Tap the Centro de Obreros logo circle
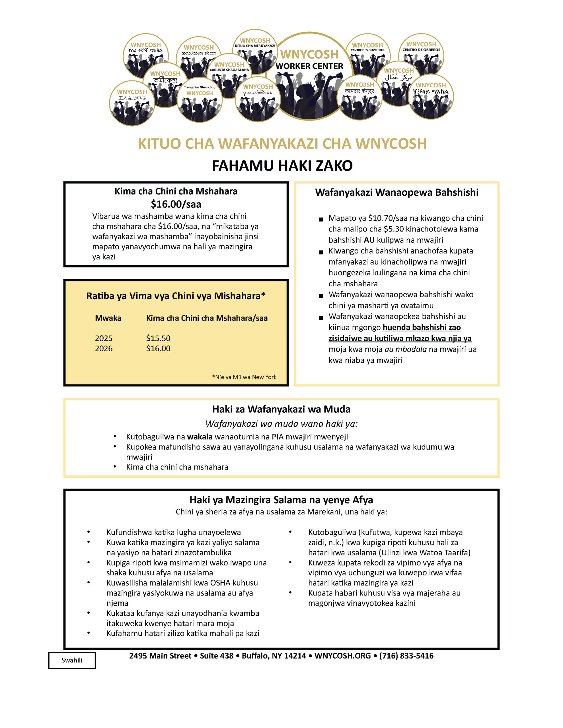(x=421, y=55)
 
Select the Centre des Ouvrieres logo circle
(x=367, y=55)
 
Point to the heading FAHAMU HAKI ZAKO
(x=282, y=166)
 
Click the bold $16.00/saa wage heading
(x=176, y=204)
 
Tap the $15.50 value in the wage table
(x=158, y=338)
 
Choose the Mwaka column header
(x=108, y=318)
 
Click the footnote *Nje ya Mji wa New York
(x=244, y=377)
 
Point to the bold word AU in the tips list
(x=369, y=240)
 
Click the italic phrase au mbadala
(x=406, y=349)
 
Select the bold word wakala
(x=200, y=437)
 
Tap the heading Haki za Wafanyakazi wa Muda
(x=281, y=409)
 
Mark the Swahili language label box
(x=72, y=660)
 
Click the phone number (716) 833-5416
(x=406, y=656)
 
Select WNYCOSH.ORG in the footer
(x=342, y=656)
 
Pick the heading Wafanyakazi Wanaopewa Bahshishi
(x=396, y=192)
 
